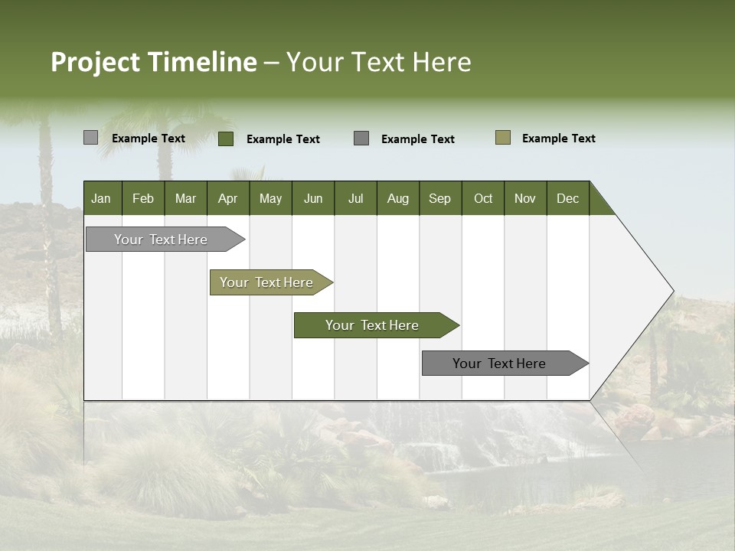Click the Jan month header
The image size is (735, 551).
(101, 198)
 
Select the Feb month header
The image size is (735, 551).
(143, 198)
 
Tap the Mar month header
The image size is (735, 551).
(185, 198)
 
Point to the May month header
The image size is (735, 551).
(270, 198)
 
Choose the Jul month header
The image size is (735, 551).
(355, 198)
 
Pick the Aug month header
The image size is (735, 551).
(397, 198)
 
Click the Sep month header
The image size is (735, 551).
(439, 198)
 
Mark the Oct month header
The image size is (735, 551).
(483, 198)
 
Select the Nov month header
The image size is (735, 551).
(525, 198)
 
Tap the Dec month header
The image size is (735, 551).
(567, 198)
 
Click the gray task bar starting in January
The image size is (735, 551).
(161, 240)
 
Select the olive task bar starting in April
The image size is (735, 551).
(266, 282)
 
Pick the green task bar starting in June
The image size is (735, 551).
(372, 325)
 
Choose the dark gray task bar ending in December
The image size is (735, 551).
(499, 364)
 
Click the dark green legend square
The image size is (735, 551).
(226, 139)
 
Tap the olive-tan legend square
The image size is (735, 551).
(503, 138)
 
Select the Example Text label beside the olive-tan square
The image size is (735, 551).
(559, 139)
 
